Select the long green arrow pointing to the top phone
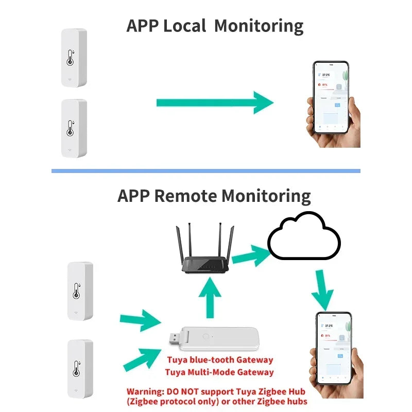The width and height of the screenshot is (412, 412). (214, 102)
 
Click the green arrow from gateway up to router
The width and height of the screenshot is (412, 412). (210, 298)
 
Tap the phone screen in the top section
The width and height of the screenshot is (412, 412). (331, 97)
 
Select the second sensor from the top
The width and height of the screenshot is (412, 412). (74, 128)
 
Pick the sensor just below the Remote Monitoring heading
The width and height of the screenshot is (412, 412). (80, 291)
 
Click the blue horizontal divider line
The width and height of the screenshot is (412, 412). (206, 171)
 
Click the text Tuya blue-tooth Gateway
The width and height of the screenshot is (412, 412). (220, 360)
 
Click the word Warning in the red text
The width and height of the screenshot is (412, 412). (147, 391)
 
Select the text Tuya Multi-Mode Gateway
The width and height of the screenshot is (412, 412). (220, 372)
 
